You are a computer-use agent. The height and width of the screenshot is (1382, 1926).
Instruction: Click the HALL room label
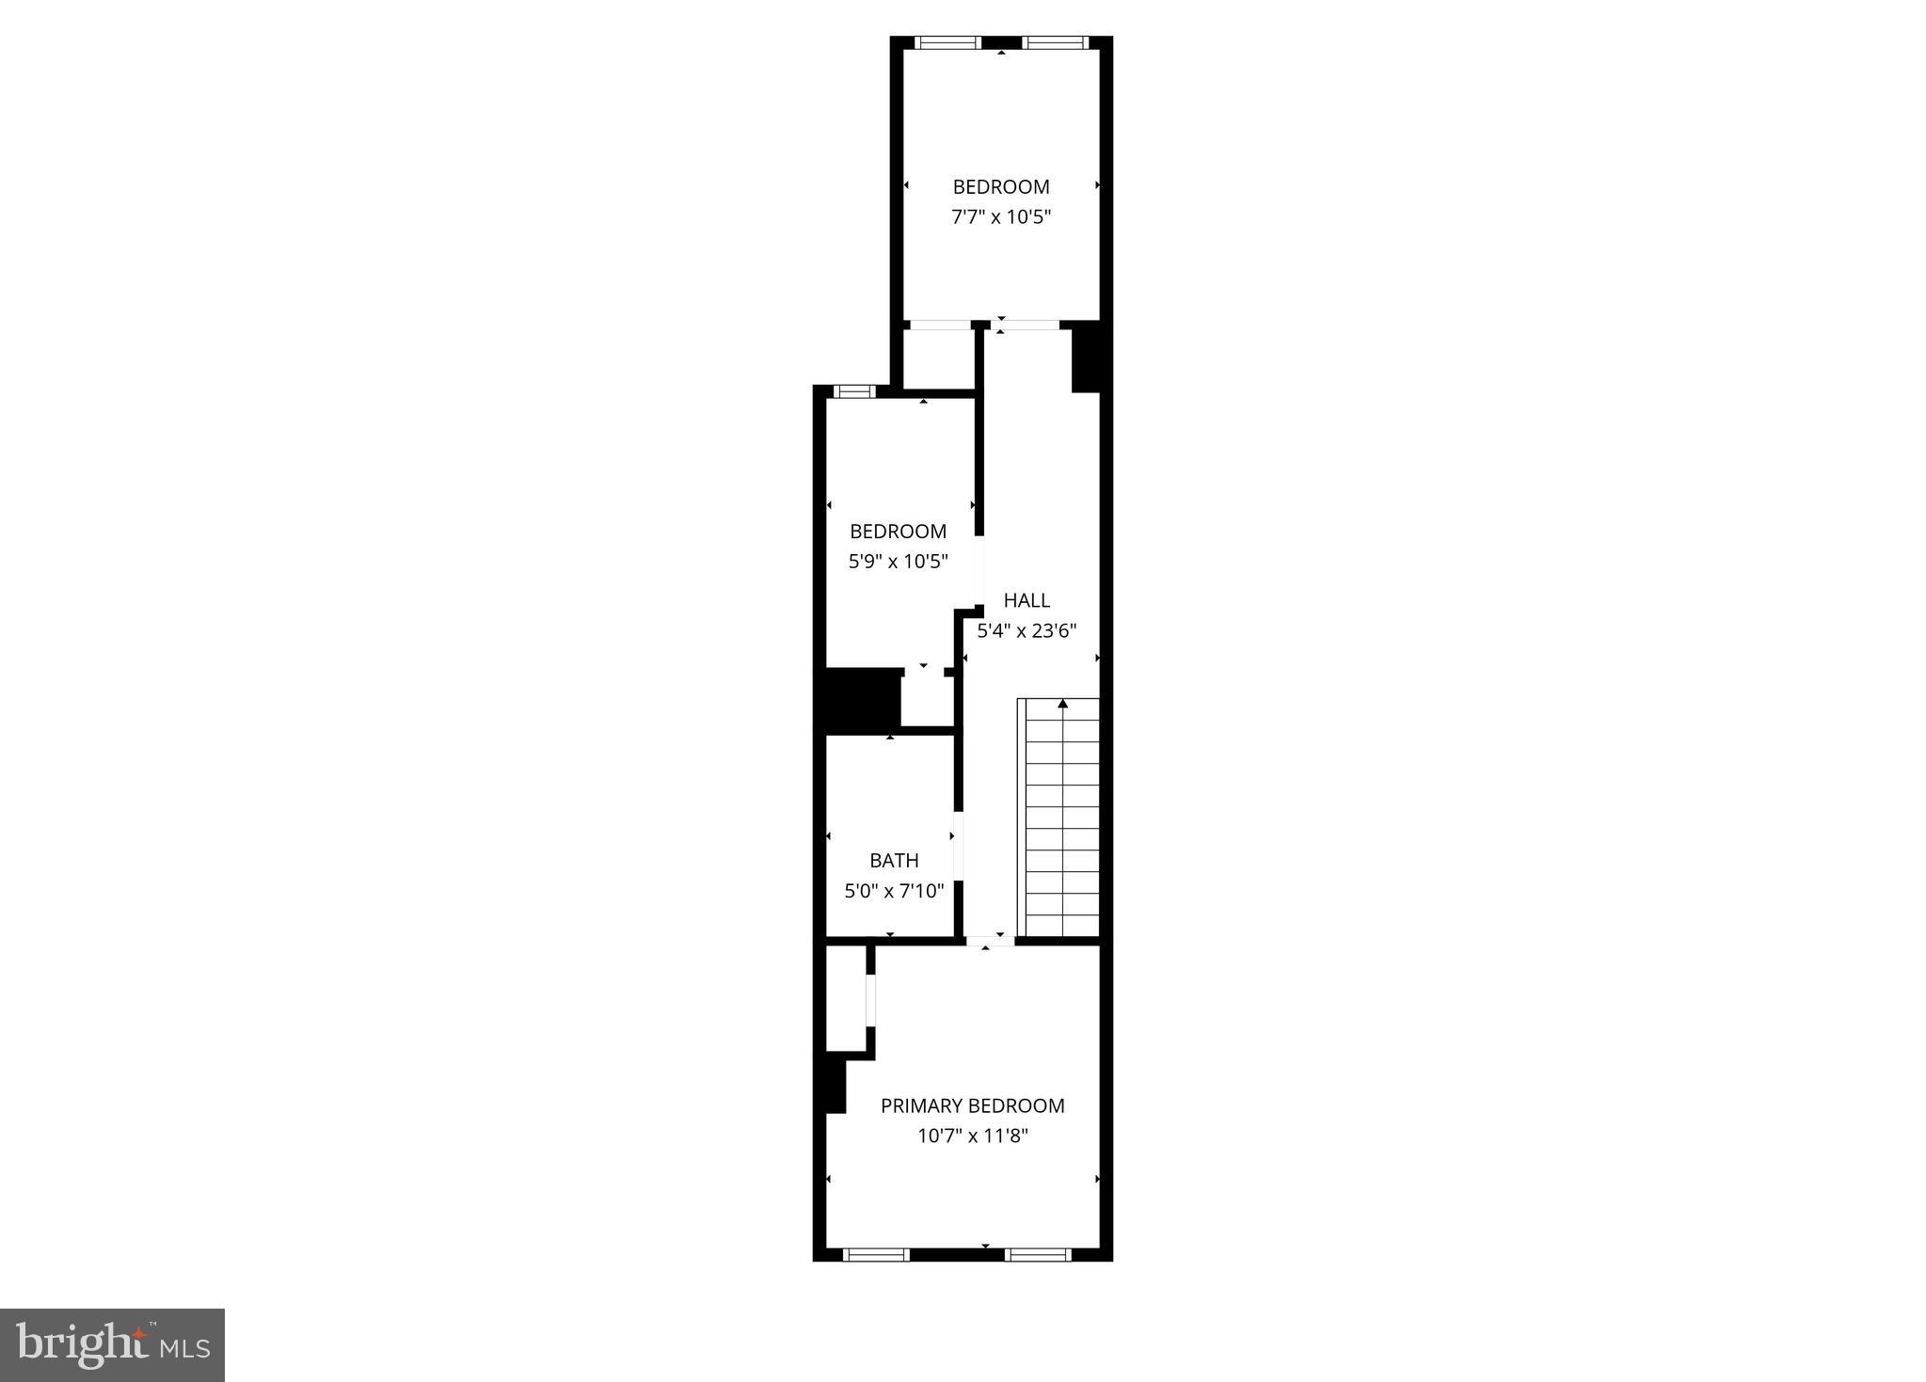click(x=1026, y=600)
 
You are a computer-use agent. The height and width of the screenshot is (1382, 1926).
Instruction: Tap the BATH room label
click(x=894, y=861)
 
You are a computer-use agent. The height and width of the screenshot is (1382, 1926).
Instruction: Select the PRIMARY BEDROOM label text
click(x=972, y=1106)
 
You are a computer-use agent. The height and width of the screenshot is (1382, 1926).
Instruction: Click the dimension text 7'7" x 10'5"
click(x=1001, y=217)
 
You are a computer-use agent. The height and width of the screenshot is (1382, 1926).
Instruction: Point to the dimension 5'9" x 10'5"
click(x=898, y=562)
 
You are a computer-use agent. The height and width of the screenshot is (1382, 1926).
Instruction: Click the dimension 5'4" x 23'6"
click(x=1027, y=631)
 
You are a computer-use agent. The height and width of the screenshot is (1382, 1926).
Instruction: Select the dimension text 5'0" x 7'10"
click(x=894, y=891)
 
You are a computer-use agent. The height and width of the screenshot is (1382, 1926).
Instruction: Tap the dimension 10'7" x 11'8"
click(x=973, y=1136)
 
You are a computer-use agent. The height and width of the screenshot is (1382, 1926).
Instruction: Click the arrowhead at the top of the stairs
click(x=1063, y=704)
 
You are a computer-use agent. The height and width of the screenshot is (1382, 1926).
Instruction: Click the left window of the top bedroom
click(x=947, y=42)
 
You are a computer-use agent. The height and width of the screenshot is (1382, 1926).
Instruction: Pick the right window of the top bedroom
click(x=1055, y=42)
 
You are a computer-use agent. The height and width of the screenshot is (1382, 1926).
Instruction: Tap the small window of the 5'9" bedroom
click(x=854, y=391)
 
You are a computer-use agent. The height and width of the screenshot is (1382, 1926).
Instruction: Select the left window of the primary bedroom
click(x=876, y=1254)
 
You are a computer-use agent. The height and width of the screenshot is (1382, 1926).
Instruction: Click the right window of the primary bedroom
click(x=1039, y=1254)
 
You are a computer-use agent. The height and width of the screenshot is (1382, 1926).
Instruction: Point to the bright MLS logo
click(x=112, y=1344)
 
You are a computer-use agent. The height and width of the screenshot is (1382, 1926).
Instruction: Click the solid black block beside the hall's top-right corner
click(x=1087, y=357)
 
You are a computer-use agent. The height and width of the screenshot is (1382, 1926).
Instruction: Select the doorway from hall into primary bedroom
click(x=990, y=940)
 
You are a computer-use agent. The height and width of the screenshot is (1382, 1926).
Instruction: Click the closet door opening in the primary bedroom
click(x=871, y=1001)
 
